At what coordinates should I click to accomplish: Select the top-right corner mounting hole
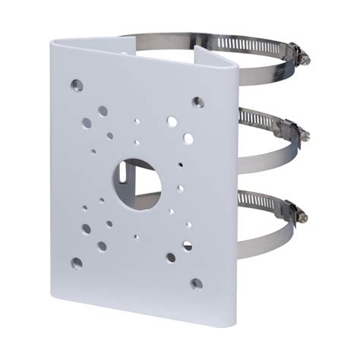point(197,101)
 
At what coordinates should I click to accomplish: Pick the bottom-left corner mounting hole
point(77,263)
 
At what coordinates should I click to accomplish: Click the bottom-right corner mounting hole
point(197,283)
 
